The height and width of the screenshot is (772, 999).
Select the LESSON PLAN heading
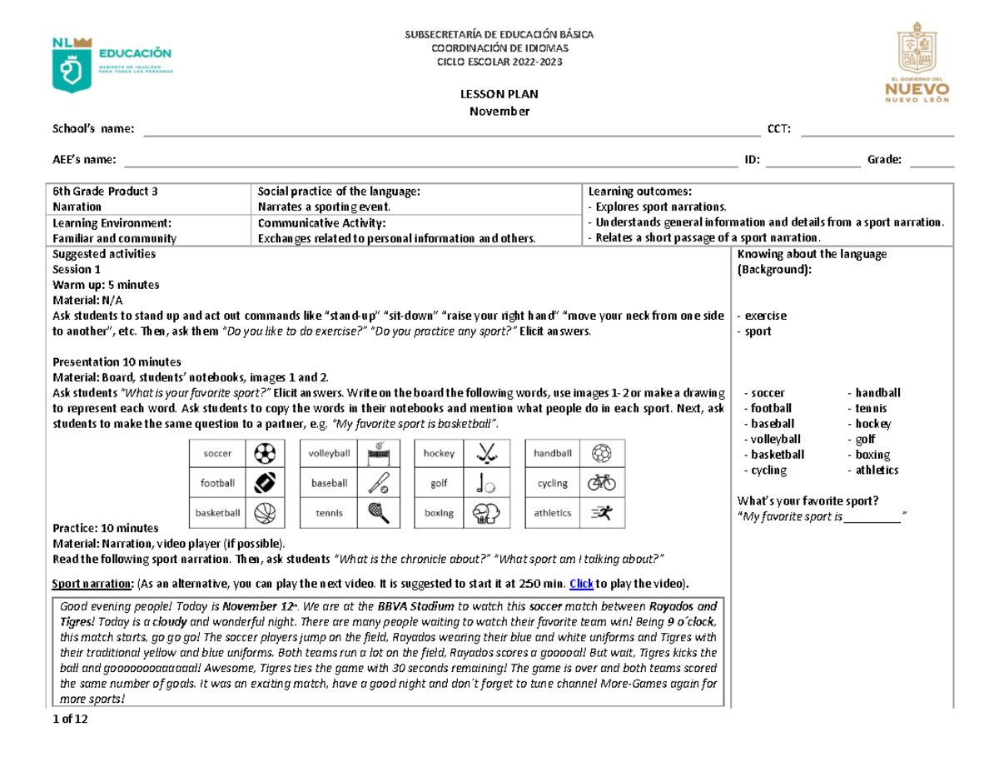point(499,96)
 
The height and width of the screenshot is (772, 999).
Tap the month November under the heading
point(499,112)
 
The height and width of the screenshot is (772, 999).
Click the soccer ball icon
point(265,453)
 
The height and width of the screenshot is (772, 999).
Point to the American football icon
point(265,482)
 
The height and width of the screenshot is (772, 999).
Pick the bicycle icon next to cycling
point(600,482)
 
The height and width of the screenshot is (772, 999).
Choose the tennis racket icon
point(377,513)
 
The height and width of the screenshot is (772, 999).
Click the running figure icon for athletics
point(600,513)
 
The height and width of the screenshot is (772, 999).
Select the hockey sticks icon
point(485,453)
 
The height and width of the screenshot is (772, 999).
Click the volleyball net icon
point(379,453)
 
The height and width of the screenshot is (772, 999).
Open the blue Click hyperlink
point(581,582)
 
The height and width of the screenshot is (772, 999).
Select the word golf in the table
point(439,483)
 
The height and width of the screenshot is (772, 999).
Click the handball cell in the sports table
point(553,453)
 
